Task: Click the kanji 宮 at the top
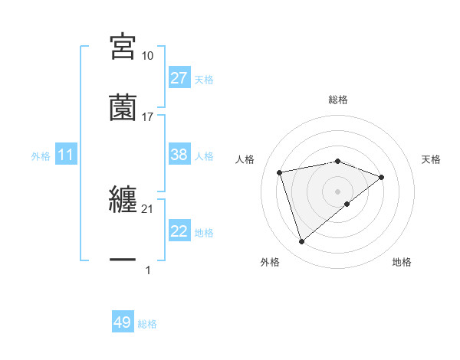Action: point(123,47)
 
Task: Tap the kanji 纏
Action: point(123,200)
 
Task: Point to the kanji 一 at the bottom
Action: point(123,260)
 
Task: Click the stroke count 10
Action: point(148,56)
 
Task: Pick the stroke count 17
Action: point(148,117)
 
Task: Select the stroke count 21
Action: point(148,209)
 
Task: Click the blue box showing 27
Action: point(179,78)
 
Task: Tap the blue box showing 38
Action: point(179,155)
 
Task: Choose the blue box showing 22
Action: point(179,231)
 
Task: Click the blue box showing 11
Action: point(66,155)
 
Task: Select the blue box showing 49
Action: point(123,322)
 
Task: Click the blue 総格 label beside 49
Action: point(148,324)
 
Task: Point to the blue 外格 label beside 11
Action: point(41,155)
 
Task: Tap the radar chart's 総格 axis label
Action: point(338,100)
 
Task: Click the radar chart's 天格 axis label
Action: point(432,159)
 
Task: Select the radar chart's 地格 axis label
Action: point(402,262)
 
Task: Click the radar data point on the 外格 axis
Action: point(301,242)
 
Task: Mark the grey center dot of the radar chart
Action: point(338,191)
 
